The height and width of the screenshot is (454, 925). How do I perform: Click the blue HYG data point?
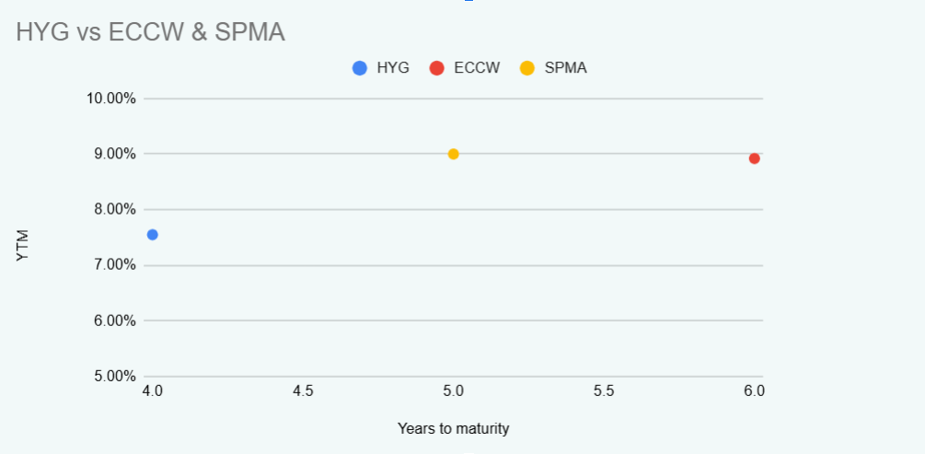coord(153,235)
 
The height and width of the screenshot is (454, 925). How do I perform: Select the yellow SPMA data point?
coord(453,154)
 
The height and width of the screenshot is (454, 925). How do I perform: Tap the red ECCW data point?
coord(754,158)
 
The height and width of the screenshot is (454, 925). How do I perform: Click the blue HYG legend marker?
coord(360,68)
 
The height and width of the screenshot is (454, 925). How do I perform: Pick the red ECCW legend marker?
coord(437,68)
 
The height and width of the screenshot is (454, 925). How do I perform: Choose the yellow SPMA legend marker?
coord(527,68)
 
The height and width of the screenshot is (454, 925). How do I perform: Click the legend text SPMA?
coord(565,68)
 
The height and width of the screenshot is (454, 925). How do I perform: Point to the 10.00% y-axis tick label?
coord(110,99)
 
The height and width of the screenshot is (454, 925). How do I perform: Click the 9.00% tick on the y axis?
coord(114,154)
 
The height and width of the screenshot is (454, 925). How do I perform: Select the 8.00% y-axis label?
coord(114,209)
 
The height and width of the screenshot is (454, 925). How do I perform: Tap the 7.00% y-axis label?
coord(114,265)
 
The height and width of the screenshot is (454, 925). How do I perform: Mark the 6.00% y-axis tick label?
coord(114,320)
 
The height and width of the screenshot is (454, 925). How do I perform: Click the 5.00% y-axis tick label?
coord(114,376)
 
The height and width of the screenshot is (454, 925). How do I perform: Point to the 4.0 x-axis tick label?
coord(153,391)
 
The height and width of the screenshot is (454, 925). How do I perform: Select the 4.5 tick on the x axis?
coord(303,391)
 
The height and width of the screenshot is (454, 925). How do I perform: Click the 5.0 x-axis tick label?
coord(453,391)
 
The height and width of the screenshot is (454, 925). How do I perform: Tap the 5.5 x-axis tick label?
coord(604,391)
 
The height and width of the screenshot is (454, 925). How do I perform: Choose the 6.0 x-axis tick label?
coord(754,391)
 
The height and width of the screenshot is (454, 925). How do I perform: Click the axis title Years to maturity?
coord(453,429)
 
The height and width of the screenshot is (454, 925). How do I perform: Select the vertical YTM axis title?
coord(24,247)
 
